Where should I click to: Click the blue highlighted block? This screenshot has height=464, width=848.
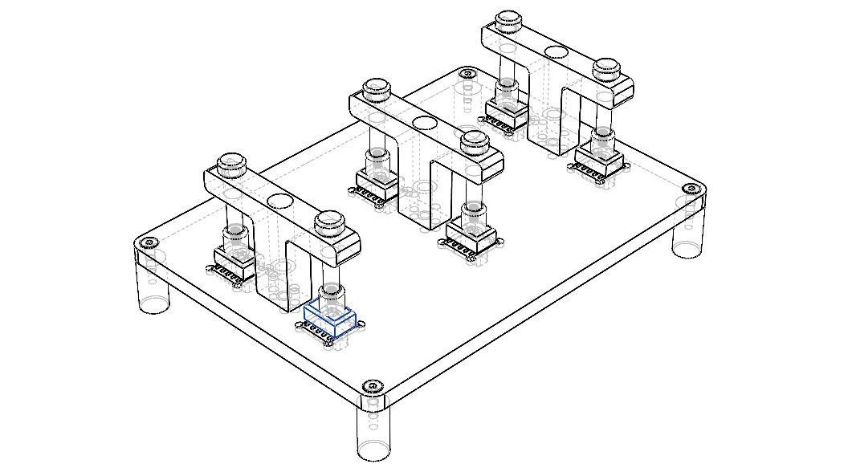(x=329, y=320)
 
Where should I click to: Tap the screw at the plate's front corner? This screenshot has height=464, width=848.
(x=369, y=387)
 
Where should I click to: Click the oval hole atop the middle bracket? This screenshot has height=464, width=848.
(x=423, y=124)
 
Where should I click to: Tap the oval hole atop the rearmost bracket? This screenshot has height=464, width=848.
(x=555, y=53)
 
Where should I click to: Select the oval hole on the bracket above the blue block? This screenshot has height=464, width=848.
(x=279, y=201)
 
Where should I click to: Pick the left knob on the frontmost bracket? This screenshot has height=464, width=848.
(x=231, y=160)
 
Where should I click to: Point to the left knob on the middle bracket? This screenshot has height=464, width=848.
(x=375, y=88)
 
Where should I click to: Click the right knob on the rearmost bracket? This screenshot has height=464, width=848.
(x=607, y=67)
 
